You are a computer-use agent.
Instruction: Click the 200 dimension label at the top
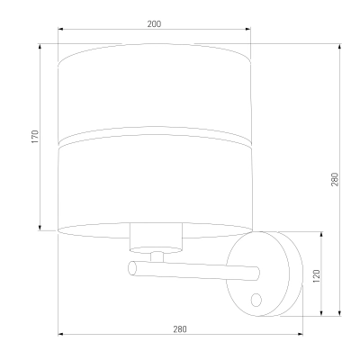(x=154, y=24)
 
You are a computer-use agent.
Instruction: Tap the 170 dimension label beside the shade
(x=35, y=136)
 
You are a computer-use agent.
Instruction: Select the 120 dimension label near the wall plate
(x=317, y=276)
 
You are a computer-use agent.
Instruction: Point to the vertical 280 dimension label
(x=335, y=179)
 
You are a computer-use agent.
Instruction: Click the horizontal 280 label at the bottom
(x=180, y=329)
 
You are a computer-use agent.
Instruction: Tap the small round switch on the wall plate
(x=256, y=300)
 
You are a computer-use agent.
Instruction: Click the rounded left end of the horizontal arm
(x=132, y=268)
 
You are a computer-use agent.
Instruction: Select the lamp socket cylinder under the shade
(x=156, y=238)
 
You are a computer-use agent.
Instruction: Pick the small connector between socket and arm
(x=157, y=256)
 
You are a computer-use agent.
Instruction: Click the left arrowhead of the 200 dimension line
(x=60, y=29)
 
